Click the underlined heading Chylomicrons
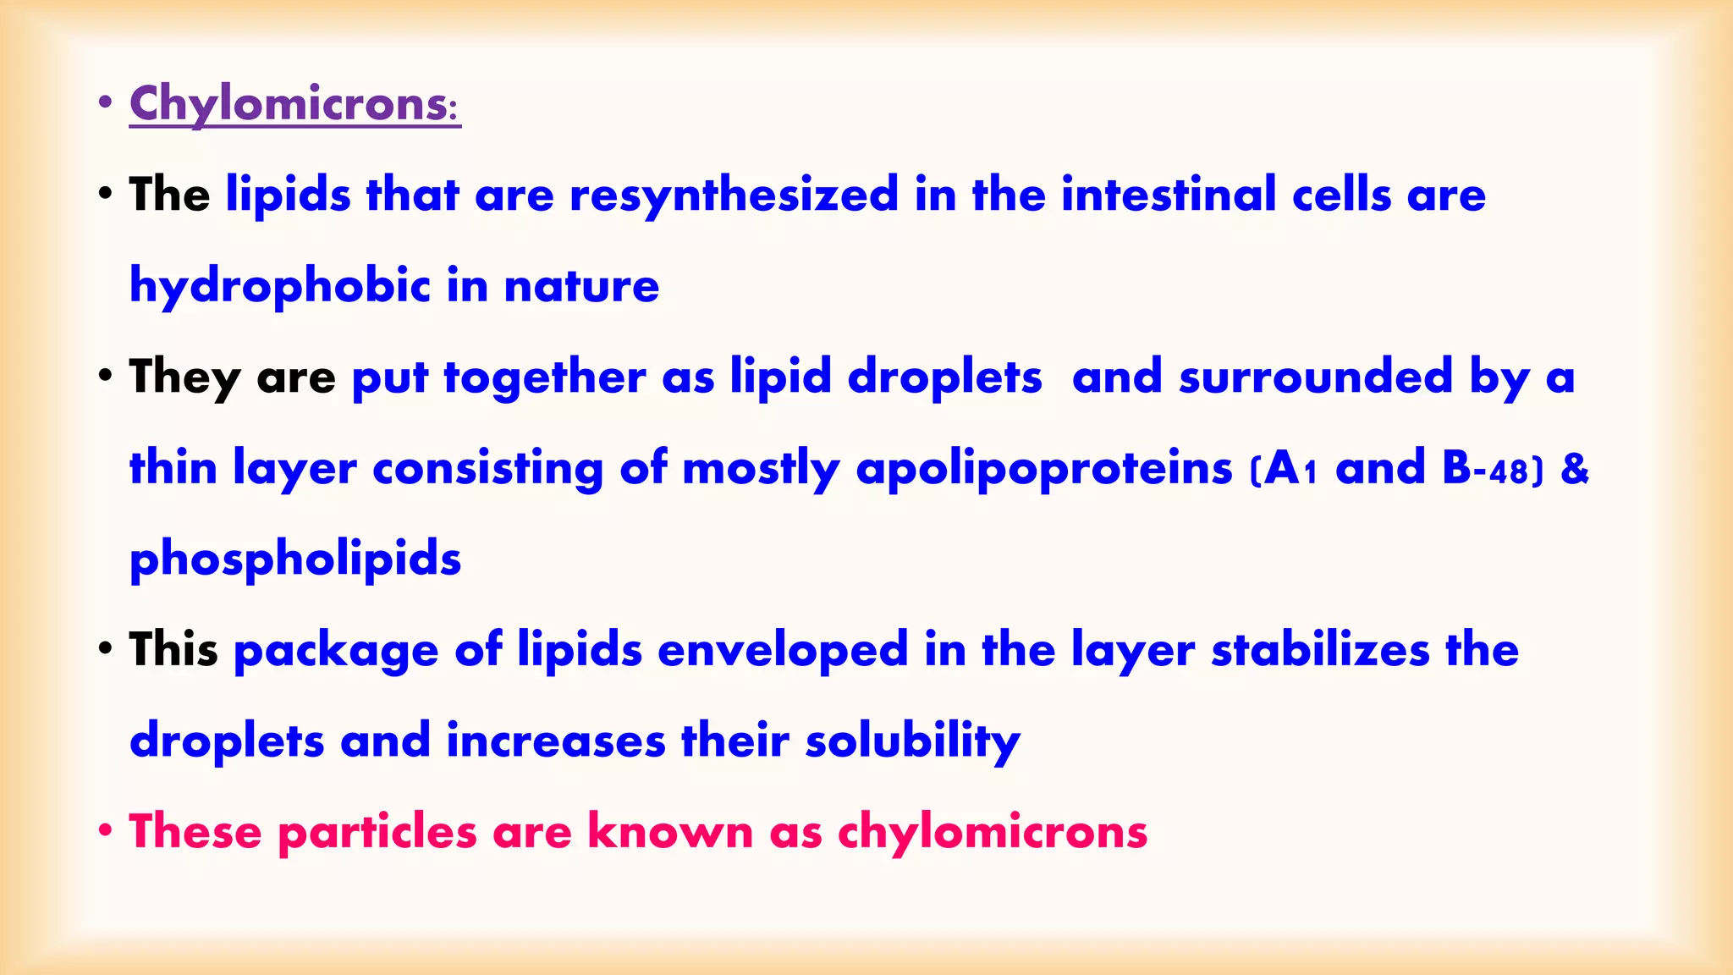point(294,104)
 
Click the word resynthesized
point(734,196)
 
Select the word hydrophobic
point(280,286)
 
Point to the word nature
point(581,286)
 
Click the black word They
point(184,377)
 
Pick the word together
point(544,377)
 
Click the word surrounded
point(1316,377)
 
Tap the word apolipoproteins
point(1044,469)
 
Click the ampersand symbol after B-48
point(1575,469)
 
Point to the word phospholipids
point(295,559)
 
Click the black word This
point(173,650)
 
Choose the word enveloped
point(783,650)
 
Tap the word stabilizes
point(1320,650)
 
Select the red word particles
point(377,832)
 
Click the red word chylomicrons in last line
point(993,832)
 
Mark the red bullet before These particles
point(105,830)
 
